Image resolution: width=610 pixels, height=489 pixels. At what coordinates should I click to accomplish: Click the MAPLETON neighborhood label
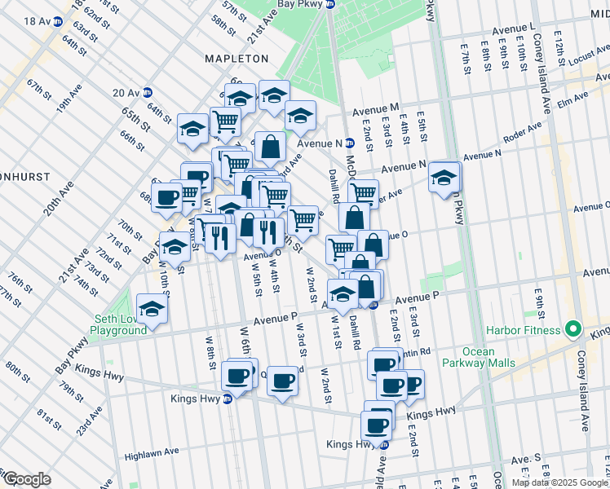236,59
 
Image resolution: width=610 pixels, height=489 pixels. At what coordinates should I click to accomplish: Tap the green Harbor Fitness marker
572,330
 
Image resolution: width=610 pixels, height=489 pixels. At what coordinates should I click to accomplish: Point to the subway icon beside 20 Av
147,93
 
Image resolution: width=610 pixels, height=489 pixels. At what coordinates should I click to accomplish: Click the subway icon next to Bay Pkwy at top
330,4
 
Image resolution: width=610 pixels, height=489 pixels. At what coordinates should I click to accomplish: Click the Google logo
26,479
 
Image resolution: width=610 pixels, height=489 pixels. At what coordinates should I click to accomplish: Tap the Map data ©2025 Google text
559,482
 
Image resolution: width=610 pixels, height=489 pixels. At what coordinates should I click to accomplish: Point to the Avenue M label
376,108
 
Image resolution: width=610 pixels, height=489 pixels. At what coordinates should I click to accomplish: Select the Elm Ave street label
576,99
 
